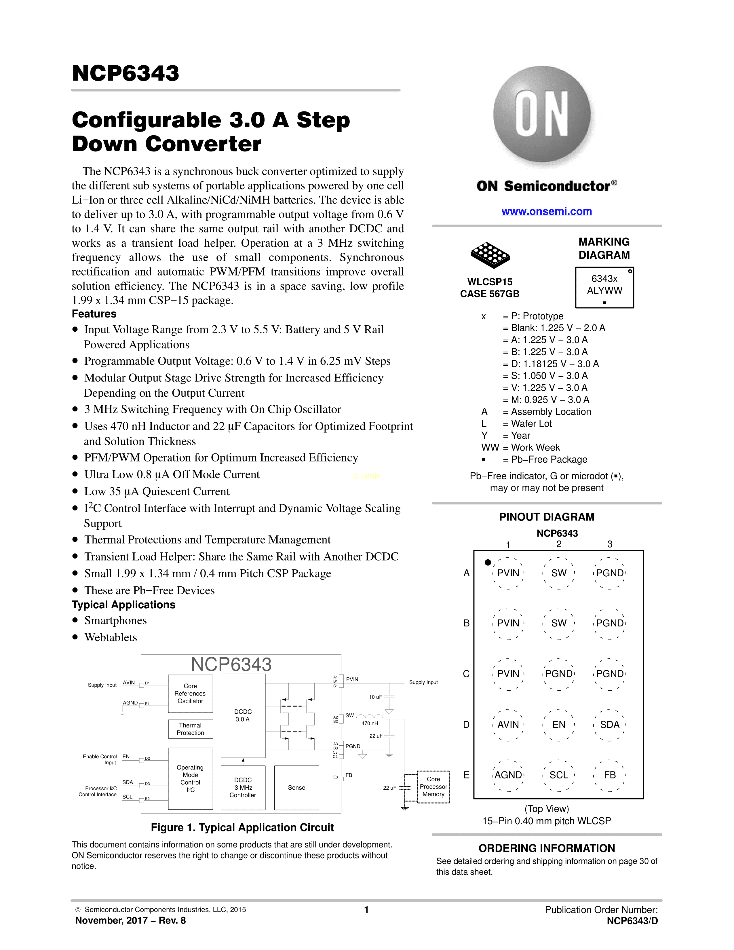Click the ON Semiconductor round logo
point(542,114)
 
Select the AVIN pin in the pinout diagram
point(508,725)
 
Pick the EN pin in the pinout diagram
point(559,725)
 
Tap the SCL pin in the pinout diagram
point(559,775)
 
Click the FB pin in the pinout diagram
point(610,775)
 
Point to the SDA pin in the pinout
point(610,725)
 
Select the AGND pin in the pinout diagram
point(508,775)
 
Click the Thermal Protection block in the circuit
point(191,729)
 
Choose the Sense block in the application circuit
point(296,788)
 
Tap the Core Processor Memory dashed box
point(433,786)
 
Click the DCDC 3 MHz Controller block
point(243,788)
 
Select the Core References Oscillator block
point(191,693)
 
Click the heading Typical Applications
point(123,605)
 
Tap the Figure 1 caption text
point(242,827)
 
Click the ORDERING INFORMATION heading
point(547,848)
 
